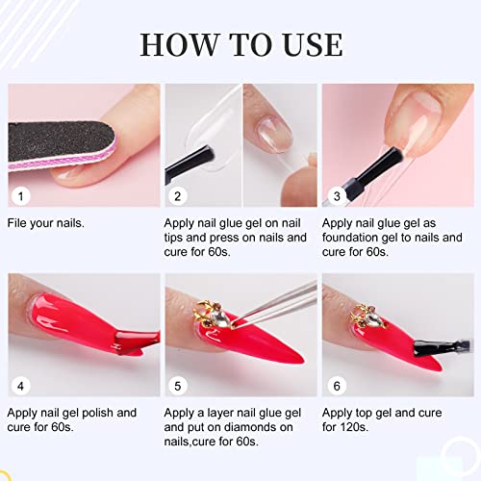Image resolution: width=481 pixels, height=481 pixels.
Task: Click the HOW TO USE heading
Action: [240, 43]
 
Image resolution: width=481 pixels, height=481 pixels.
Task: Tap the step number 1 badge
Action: [18, 195]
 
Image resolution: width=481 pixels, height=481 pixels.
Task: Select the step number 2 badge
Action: [176, 195]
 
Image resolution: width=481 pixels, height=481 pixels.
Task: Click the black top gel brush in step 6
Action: [428, 346]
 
